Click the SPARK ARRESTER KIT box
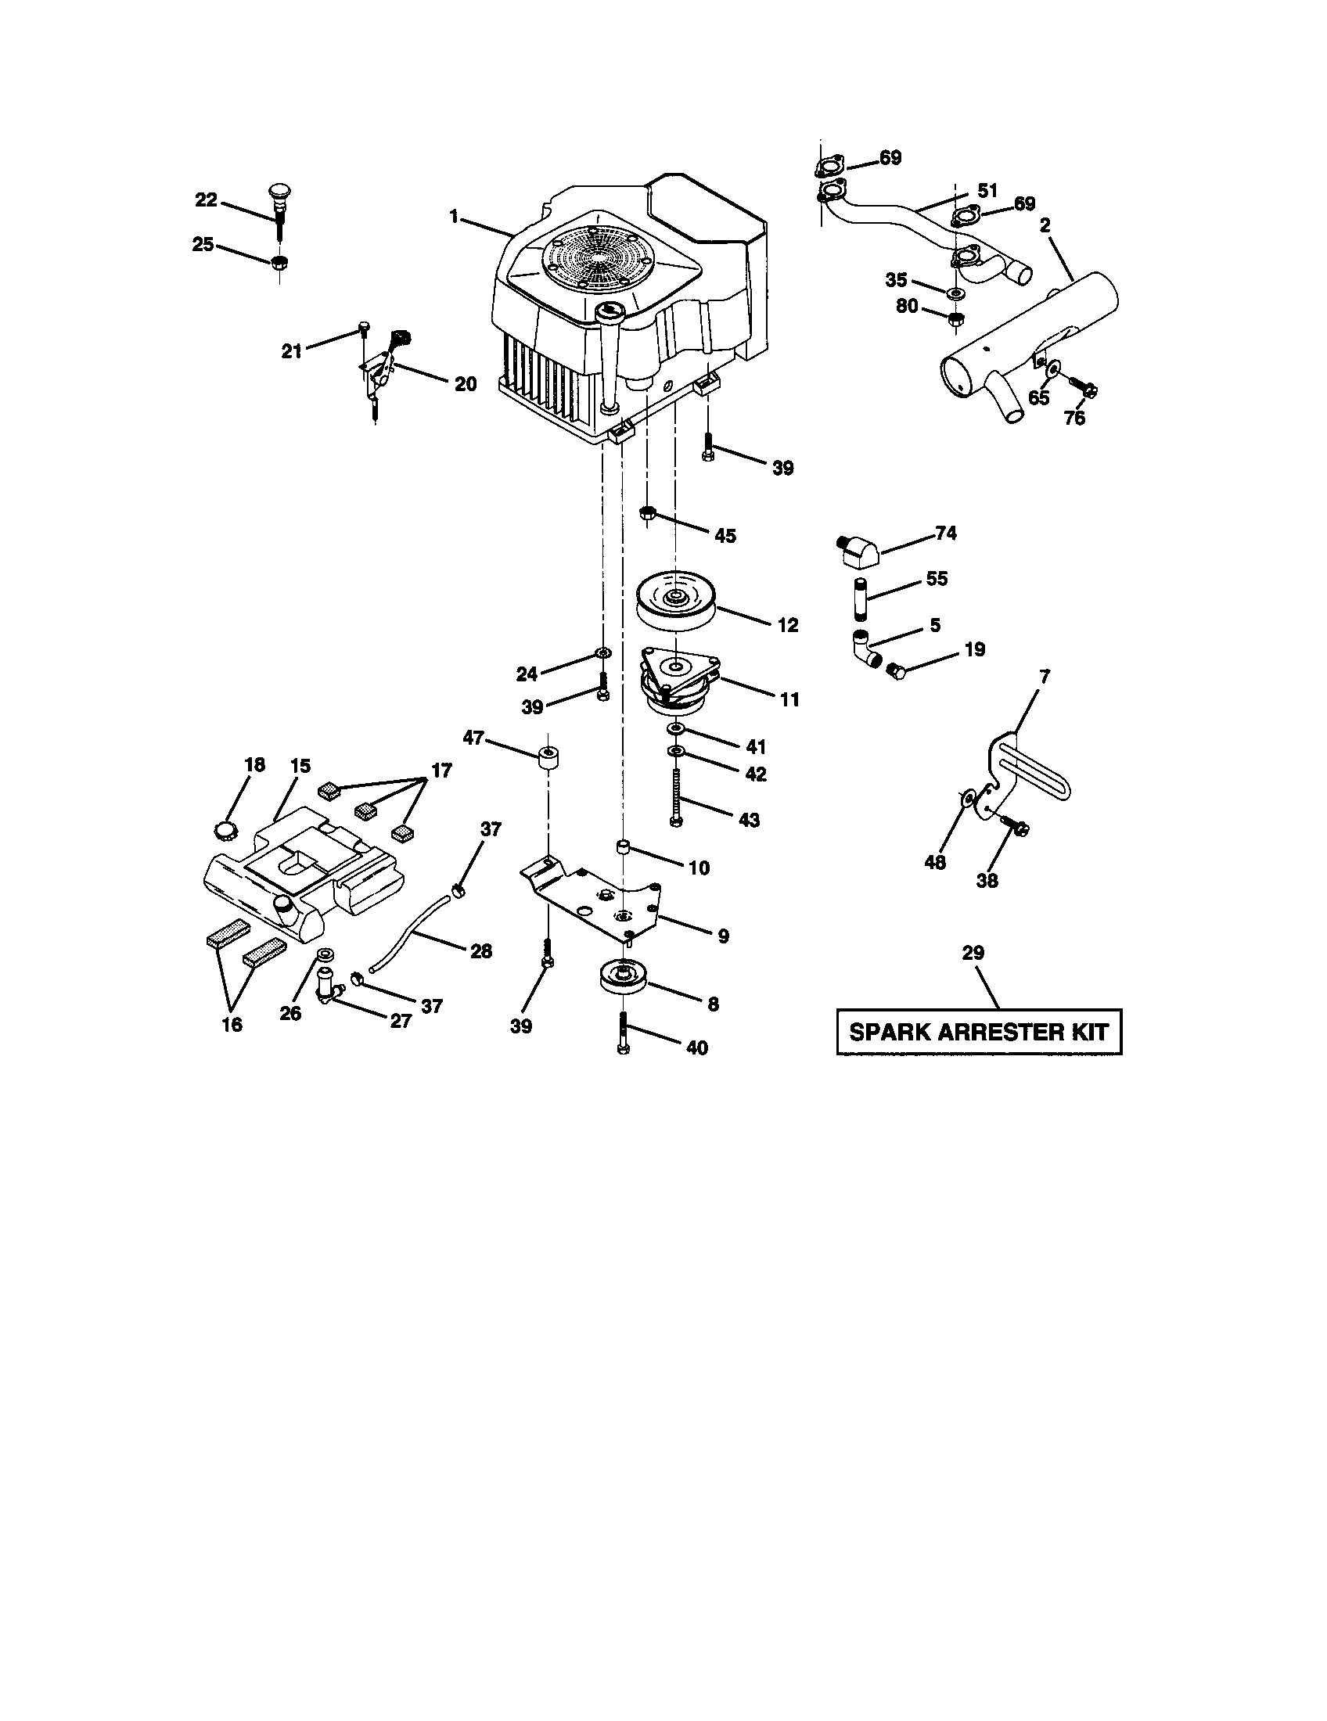pyautogui.click(x=978, y=1032)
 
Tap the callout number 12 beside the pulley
pyautogui.click(x=787, y=625)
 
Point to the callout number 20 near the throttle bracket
pyautogui.click(x=465, y=384)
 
